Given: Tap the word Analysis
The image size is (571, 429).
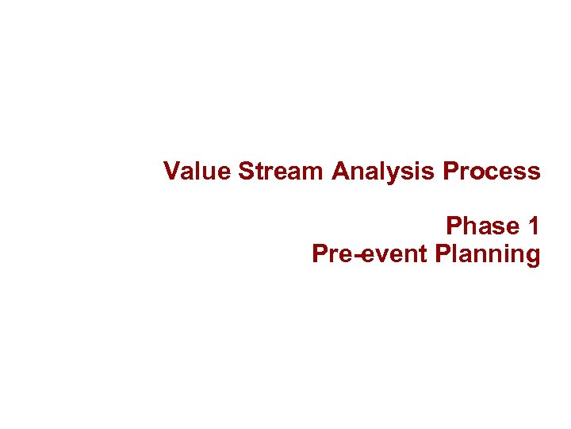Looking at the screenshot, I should tap(385, 172).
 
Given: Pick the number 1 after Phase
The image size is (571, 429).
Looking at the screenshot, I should tap(534, 226).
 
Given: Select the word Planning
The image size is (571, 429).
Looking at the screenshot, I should tap(488, 255).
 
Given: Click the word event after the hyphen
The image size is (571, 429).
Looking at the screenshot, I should tap(397, 255).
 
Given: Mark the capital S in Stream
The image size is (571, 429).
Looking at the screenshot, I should tap(245, 171).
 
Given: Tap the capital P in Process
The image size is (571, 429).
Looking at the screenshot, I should tap(450, 171).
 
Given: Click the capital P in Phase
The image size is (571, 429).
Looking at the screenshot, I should tap(454, 226).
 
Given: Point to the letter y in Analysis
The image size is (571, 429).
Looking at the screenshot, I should tap(402, 174).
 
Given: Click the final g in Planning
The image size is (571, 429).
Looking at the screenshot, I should tap(533, 257).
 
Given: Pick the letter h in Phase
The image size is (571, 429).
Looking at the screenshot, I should tap(469, 226).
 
